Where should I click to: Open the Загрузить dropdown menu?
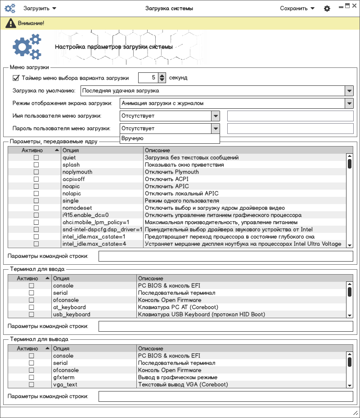[40, 9]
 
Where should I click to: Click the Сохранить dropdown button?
[297, 9]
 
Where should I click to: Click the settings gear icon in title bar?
[327, 9]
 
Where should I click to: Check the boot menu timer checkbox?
[16, 78]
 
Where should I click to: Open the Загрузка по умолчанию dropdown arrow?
[349, 91]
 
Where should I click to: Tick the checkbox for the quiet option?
[36, 158]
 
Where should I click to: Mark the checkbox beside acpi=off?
[36, 179]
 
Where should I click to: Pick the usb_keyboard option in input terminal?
[72, 315]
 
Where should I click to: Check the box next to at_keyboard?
[31, 307]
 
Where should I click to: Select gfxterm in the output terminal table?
[63, 378]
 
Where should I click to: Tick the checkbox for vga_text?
[31, 385]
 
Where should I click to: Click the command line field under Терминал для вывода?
[225, 396]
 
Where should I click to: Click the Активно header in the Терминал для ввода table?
[28, 279]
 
